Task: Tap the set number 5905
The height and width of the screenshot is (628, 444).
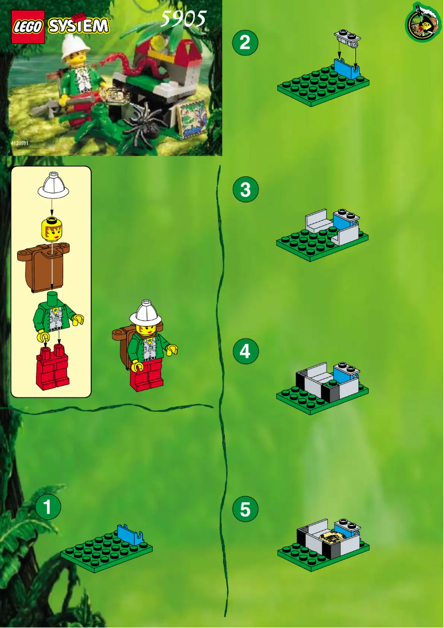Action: tap(183, 19)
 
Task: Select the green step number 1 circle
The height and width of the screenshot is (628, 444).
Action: tap(48, 507)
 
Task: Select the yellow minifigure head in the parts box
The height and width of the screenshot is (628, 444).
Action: tap(51, 228)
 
